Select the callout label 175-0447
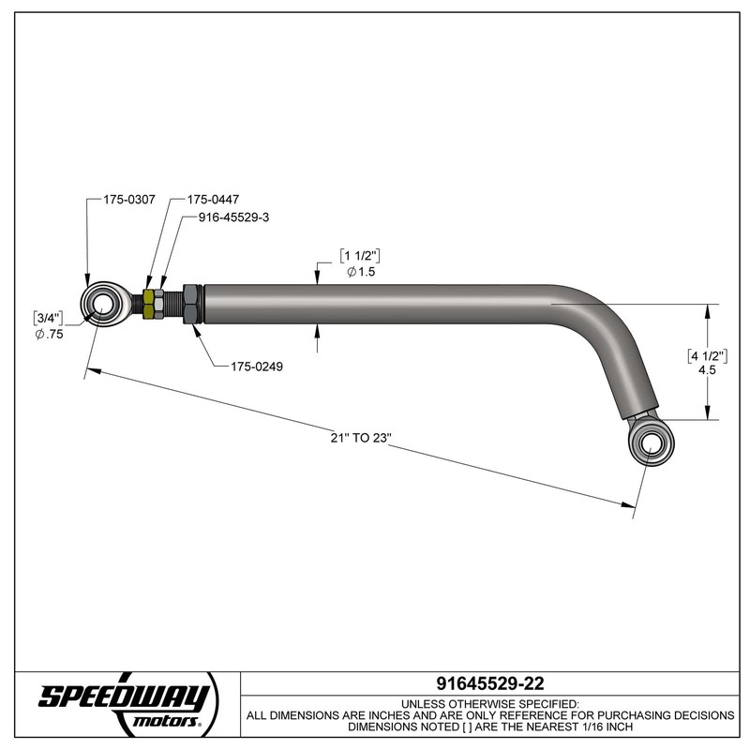[212, 200]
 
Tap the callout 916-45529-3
[234, 217]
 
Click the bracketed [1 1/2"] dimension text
[362, 256]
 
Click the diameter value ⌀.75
[49, 335]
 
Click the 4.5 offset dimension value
[709, 370]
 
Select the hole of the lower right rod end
[647, 441]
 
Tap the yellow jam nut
[152, 304]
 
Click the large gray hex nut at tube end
[190, 303]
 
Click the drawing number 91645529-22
[490, 683]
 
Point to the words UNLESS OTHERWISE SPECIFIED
[490, 702]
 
